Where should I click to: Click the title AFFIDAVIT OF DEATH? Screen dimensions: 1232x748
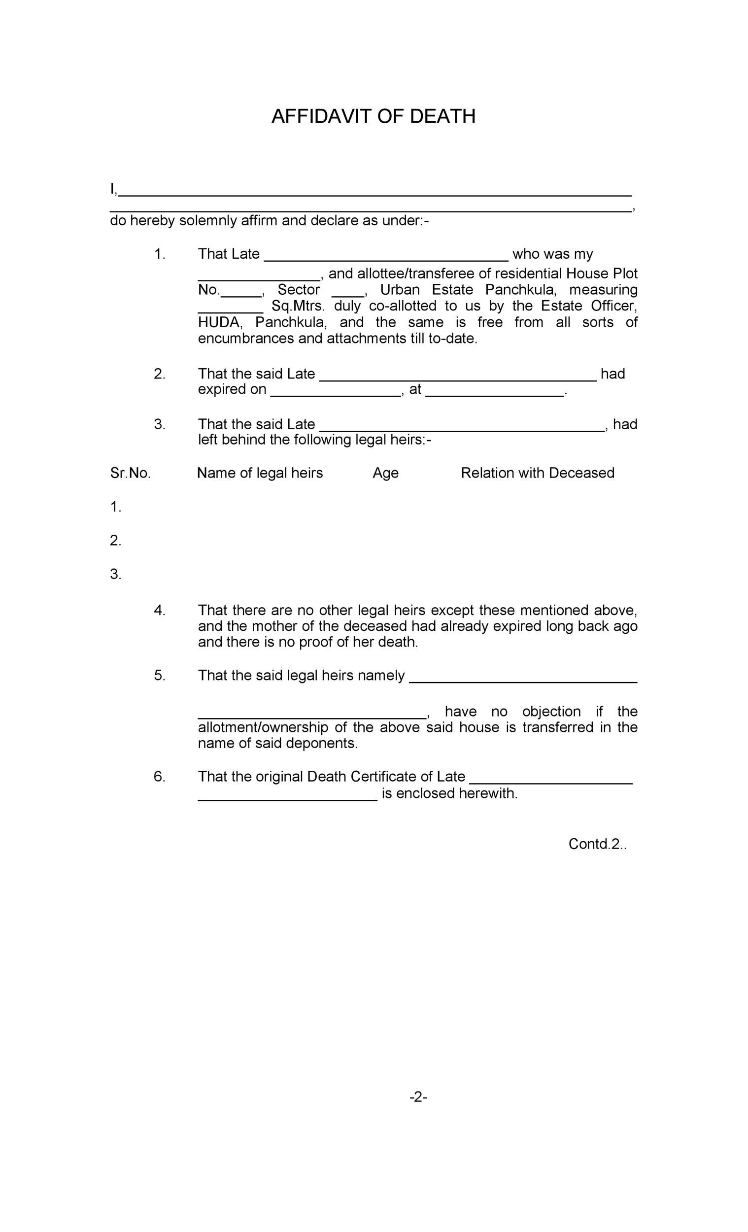coord(373,116)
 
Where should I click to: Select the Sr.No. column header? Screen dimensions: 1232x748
coord(130,473)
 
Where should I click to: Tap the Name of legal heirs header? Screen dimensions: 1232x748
coord(260,473)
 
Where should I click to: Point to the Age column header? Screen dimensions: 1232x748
coord(385,473)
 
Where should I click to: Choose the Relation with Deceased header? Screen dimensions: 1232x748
coord(537,473)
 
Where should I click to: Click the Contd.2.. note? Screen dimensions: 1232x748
coord(598,844)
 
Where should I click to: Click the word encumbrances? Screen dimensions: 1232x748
coord(246,339)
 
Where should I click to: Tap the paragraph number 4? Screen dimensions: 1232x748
coord(159,610)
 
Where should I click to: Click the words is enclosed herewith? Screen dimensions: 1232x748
coord(449,793)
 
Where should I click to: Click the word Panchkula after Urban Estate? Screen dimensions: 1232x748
coord(520,290)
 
